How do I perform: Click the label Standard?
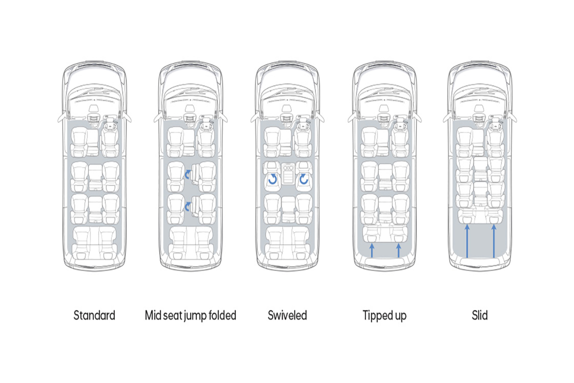tap(94, 315)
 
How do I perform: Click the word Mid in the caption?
tap(153, 315)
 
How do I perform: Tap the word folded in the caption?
tap(222, 315)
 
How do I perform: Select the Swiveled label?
tap(287, 315)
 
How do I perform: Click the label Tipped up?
tap(385, 316)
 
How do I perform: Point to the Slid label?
tap(480, 315)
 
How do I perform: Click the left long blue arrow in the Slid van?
tap(467, 241)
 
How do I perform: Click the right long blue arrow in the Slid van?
tap(494, 241)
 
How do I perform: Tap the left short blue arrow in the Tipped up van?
tap(372, 251)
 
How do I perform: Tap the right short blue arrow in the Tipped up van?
tap(398, 251)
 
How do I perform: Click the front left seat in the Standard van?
tap(79, 142)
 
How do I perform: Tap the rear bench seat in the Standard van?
tap(94, 243)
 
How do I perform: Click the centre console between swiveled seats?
tap(288, 174)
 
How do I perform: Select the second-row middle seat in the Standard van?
tap(95, 177)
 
